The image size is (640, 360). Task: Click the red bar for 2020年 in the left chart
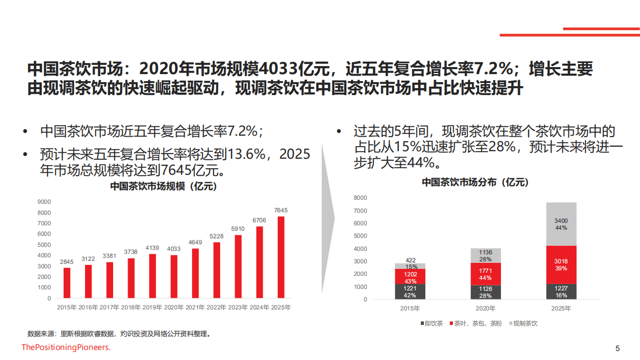click(x=174, y=277)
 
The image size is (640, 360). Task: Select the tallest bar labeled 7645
click(x=281, y=257)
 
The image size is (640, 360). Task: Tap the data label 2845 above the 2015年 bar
click(x=67, y=262)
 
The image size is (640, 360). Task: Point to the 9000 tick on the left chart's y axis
click(x=45, y=202)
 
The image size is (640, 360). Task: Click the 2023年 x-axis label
click(x=238, y=307)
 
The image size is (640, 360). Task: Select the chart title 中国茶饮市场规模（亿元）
click(x=163, y=187)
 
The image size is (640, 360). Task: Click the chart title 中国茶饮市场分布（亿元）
click(x=475, y=183)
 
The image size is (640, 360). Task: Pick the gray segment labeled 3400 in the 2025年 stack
click(x=561, y=224)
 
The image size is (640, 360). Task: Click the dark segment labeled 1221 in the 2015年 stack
click(x=410, y=292)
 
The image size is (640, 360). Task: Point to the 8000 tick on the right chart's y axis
click(x=360, y=198)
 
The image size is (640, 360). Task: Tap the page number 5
click(x=617, y=348)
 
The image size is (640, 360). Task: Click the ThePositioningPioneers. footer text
click(x=66, y=347)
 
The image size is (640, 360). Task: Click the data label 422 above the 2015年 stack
click(x=410, y=259)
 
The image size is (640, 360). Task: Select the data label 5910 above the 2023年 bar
click(x=238, y=229)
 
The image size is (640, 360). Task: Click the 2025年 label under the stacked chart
click(x=561, y=308)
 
